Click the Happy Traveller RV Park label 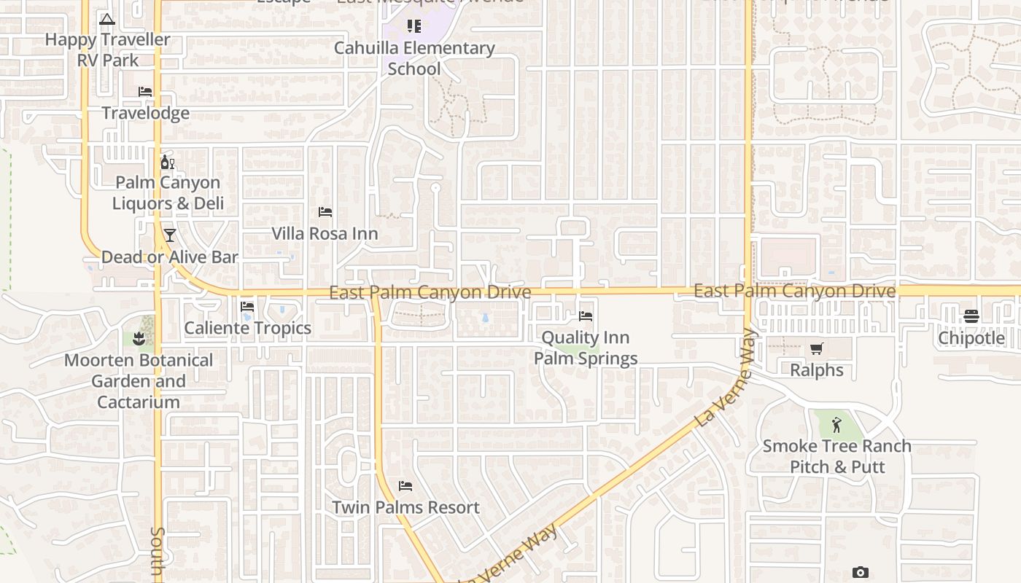[x=108, y=50]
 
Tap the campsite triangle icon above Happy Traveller [x=107, y=20]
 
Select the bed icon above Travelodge [x=145, y=92]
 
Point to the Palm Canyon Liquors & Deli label [x=168, y=193]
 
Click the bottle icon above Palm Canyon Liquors [x=167, y=162]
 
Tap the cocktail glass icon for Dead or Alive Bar [x=170, y=235]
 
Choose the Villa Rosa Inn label [x=325, y=234]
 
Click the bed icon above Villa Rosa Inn [x=325, y=212]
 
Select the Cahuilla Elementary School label [x=414, y=58]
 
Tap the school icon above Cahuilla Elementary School [x=414, y=27]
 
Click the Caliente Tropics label [x=247, y=328]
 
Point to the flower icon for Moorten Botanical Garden [x=139, y=338]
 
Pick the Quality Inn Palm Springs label [x=586, y=348]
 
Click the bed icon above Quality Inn [x=586, y=316]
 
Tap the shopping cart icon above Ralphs [x=817, y=349]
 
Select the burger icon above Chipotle [x=971, y=316]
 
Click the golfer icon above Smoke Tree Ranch [x=836, y=425]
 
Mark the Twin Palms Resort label [x=405, y=507]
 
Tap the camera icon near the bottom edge [x=861, y=573]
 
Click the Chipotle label [x=971, y=338]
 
